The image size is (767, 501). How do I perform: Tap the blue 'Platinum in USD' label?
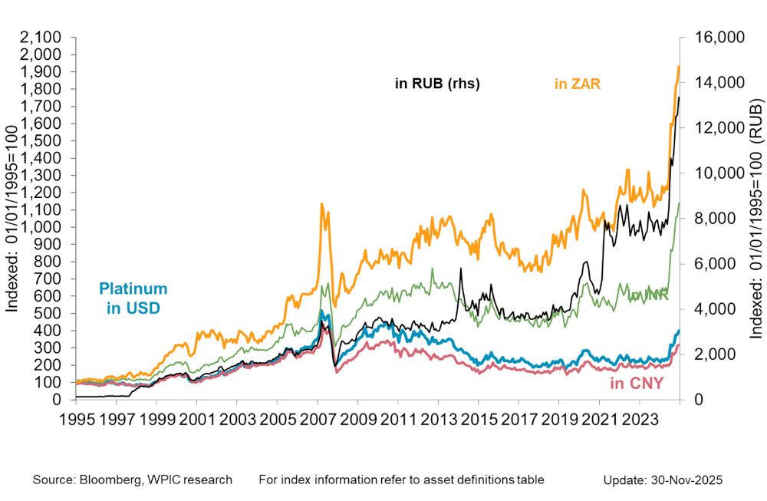tap(133, 299)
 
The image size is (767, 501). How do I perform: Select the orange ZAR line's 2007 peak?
tap(322, 204)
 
